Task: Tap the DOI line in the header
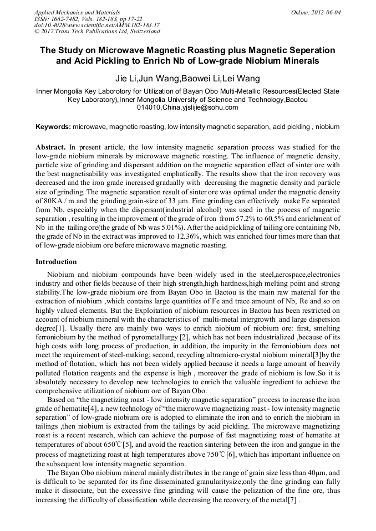click(x=97, y=25)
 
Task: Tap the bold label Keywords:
click(x=53, y=127)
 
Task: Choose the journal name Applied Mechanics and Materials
click(x=77, y=12)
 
